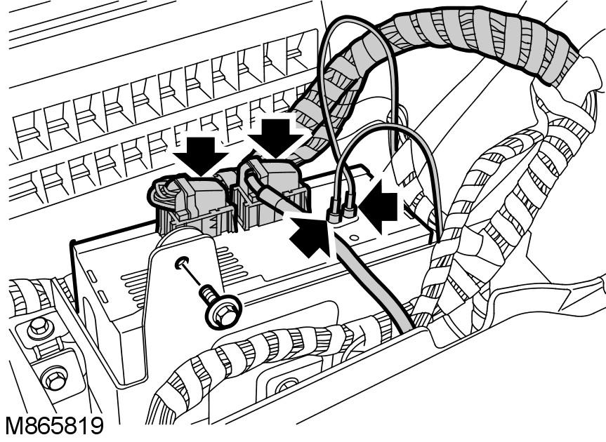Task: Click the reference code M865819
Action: point(55,427)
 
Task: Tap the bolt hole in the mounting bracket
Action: point(181,263)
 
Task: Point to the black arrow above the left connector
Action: point(200,156)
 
